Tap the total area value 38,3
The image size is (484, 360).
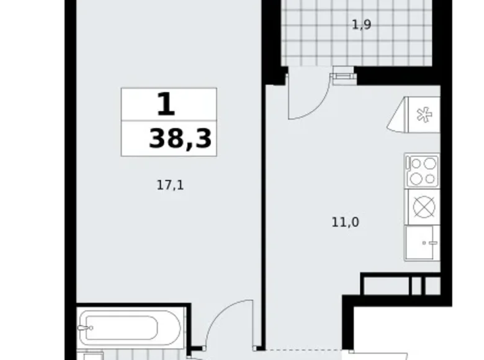coord(180,139)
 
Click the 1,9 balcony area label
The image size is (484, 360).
coord(363,25)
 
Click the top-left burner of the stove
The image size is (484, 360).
coord(415,163)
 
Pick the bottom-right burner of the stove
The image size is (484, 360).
coord(430,179)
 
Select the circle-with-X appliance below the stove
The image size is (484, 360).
coord(423,207)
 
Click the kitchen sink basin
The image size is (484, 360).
coord(423,244)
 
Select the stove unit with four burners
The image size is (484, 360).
coord(423,171)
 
